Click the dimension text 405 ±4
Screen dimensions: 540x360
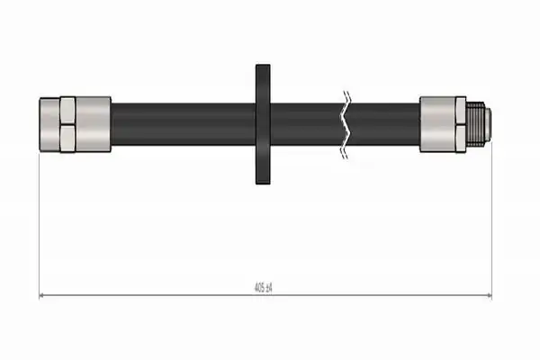click(x=263, y=287)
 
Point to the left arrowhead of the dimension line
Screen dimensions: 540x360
click(x=41, y=295)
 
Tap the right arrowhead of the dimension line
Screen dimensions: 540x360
click(x=489, y=295)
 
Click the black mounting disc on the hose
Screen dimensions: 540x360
click(x=263, y=124)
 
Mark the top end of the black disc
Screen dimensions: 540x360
click(x=263, y=65)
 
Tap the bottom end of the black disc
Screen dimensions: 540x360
click(x=263, y=184)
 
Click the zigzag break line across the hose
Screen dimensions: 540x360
click(x=346, y=125)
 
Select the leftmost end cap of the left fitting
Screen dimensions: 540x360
click(x=49, y=124)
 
